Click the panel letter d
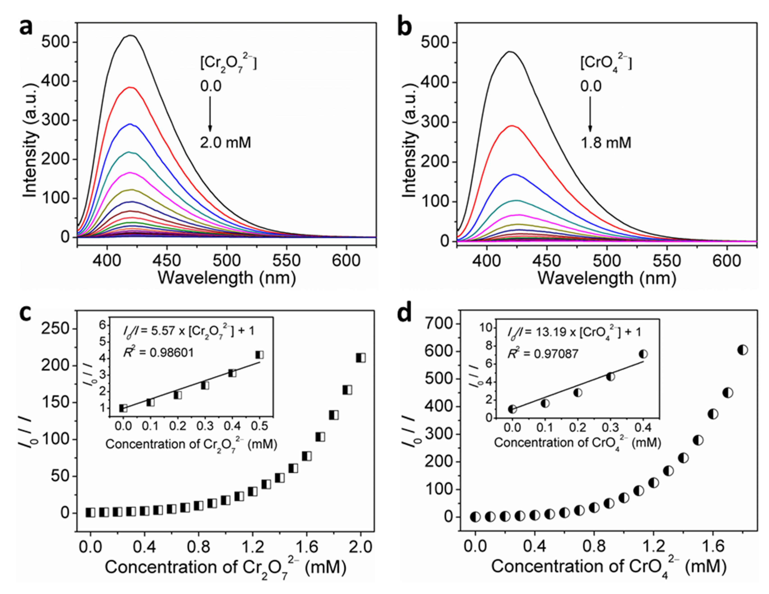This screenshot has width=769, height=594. pos(404,313)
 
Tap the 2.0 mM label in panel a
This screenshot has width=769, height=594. pos(225,143)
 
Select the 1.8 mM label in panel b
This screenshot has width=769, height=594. pos(606,143)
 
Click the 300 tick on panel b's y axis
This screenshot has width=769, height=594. pos(436,122)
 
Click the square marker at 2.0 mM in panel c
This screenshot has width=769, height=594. pos(361,358)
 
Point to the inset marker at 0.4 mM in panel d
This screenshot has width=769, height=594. pos(643,354)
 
